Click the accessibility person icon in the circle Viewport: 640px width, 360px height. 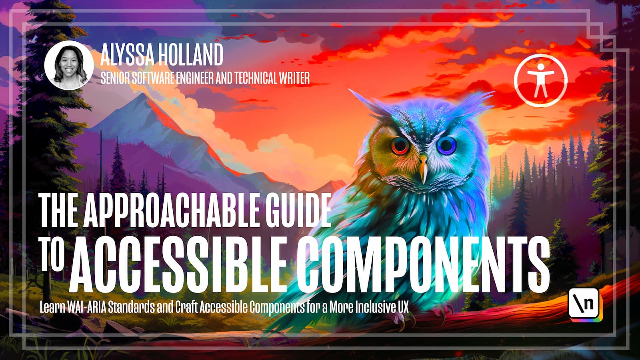(x=541, y=80)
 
